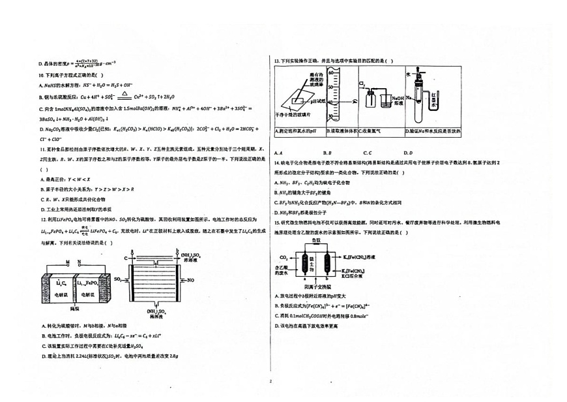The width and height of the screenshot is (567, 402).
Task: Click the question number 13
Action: coord(277,61)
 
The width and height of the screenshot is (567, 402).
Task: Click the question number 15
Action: coord(277,223)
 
